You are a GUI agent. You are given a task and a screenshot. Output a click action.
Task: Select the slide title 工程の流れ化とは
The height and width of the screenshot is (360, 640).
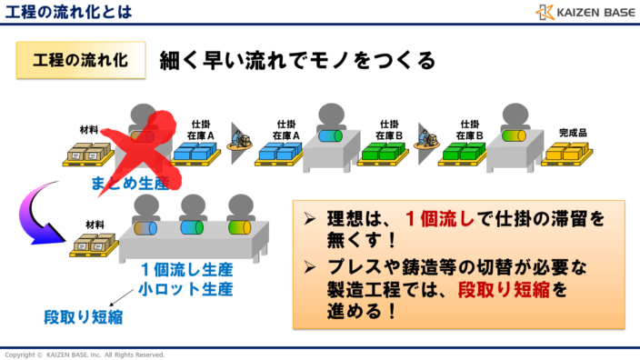coord(68,12)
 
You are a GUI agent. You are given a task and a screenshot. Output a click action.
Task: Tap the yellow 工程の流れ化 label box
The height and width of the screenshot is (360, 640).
coord(80,60)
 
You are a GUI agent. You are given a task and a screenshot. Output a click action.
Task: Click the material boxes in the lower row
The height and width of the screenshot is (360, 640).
coord(95,245)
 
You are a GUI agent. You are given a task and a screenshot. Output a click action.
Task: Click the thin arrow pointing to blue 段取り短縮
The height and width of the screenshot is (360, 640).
coord(115,299)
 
